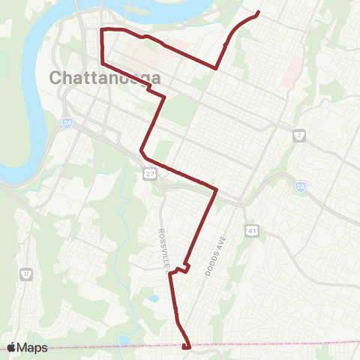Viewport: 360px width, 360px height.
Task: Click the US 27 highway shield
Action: [x=150, y=174]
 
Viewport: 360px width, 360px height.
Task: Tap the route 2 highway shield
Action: [x=298, y=136]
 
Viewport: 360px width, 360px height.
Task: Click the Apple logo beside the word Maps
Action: [x=12, y=347]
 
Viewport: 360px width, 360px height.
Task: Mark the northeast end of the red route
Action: [x=258, y=12]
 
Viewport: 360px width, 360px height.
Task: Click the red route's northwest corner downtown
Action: [x=102, y=29]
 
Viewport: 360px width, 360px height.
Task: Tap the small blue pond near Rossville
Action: [x=154, y=298]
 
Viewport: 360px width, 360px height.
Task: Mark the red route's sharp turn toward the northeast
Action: [x=216, y=67]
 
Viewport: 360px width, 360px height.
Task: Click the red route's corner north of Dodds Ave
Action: [x=216, y=189]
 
